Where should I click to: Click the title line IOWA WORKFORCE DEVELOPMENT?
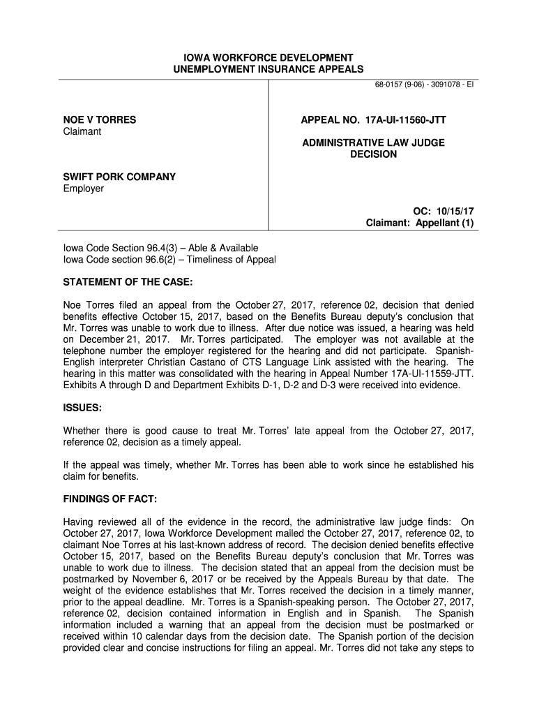268,57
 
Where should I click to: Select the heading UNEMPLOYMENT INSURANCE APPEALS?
268,69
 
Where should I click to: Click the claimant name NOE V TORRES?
100,120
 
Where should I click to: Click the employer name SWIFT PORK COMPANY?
119,177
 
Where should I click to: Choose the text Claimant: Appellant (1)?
420,223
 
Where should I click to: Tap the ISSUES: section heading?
83,407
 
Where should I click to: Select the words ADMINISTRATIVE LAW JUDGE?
373,142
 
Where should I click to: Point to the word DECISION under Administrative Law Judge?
373,154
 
